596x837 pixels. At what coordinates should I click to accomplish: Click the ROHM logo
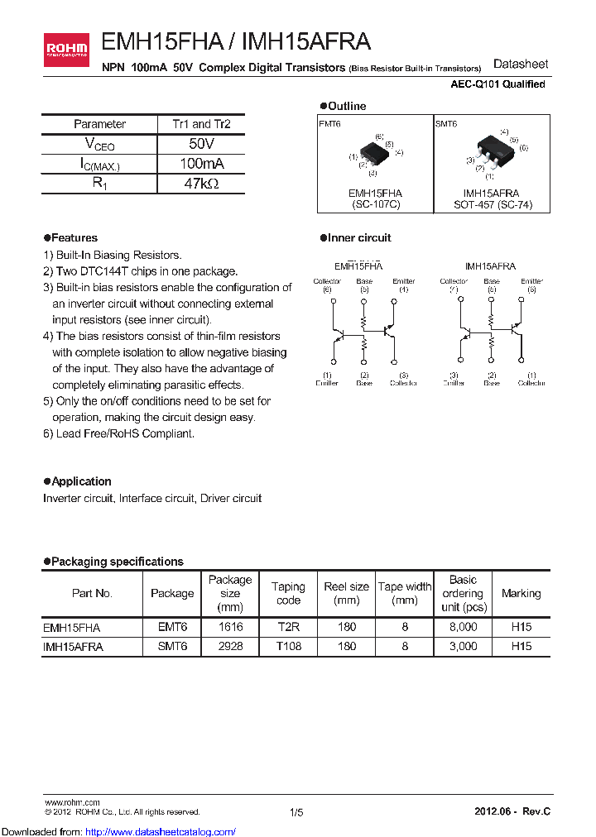(67, 50)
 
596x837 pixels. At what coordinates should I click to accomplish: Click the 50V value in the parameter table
(201, 144)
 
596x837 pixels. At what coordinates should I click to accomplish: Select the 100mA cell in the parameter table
(201, 164)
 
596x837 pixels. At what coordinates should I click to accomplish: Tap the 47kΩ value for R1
(201, 184)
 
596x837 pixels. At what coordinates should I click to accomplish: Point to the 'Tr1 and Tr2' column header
(201, 124)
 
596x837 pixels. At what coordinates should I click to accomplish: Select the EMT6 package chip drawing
(374, 152)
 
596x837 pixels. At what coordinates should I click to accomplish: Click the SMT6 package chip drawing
(493, 149)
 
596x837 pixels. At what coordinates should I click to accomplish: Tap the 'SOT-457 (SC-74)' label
(493, 204)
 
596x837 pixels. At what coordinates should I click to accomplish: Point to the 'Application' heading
(81, 481)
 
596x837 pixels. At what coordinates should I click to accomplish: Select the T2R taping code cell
(288, 627)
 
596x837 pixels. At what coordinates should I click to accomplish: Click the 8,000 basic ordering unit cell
(463, 627)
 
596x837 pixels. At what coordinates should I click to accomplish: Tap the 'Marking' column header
(521, 594)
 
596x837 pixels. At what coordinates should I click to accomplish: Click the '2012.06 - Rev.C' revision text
(512, 813)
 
